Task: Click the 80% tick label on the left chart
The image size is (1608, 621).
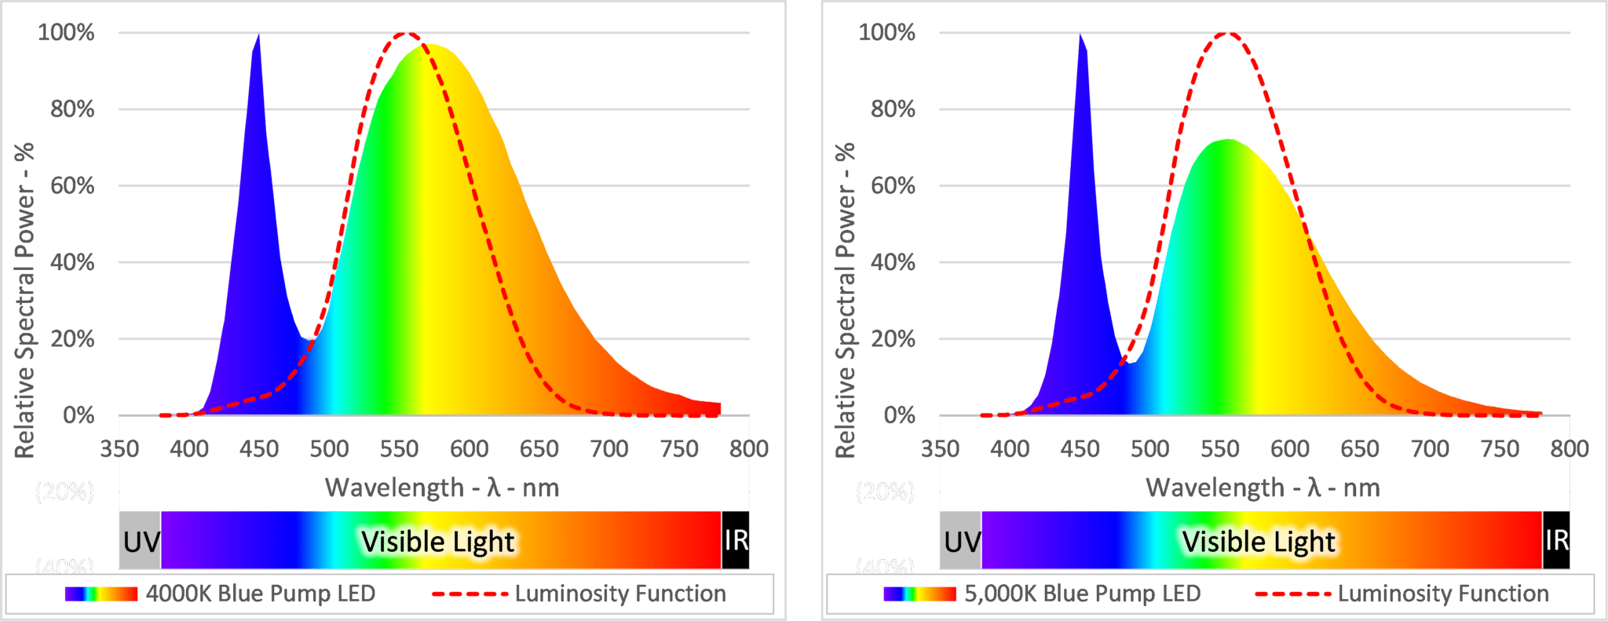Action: (x=72, y=109)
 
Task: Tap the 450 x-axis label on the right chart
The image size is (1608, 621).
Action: (x=1080, y=449)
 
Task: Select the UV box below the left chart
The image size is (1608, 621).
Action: (x=141, y=541)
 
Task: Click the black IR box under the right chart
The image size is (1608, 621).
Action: (x=1556, y=540)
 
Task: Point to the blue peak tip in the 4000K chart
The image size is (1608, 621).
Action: (x=258, y=35)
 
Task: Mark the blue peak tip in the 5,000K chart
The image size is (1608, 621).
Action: (x=1080, y=35)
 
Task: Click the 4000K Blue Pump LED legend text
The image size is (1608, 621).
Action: (x=261, y=594)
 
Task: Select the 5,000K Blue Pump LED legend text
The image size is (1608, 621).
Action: (x=1083, y=594)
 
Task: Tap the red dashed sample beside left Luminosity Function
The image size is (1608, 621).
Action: (x=470, y=594)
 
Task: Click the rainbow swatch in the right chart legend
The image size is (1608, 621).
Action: (x=919, y=594)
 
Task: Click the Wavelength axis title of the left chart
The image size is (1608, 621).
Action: (x=442, y=488)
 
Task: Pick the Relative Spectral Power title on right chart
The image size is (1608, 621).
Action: (x=845, y=300)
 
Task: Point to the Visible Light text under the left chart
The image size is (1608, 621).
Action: (x=437, y=542)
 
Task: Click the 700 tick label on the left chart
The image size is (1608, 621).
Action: (x=608, y=449)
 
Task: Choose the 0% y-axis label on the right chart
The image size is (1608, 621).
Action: (x=899, y=415)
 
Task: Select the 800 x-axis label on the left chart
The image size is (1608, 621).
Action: (x=748, y=449)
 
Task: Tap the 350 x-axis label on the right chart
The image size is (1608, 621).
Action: (x=940, y=449)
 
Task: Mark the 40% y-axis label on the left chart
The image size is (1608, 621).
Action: (x=72, y=262)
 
